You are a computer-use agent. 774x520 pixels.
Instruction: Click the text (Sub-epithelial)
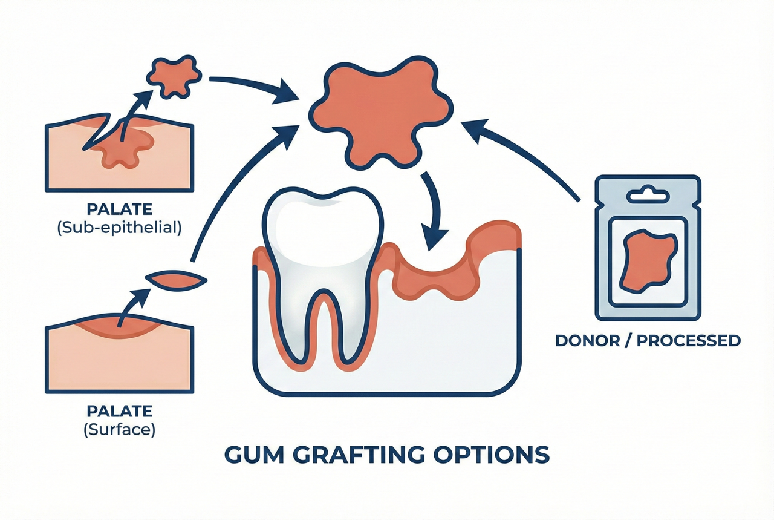point(120,229)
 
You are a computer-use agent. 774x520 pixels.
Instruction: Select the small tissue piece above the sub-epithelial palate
point(174,77)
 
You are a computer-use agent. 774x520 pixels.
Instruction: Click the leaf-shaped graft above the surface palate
point(177,280)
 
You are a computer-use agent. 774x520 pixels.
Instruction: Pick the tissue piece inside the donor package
point(648,262)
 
